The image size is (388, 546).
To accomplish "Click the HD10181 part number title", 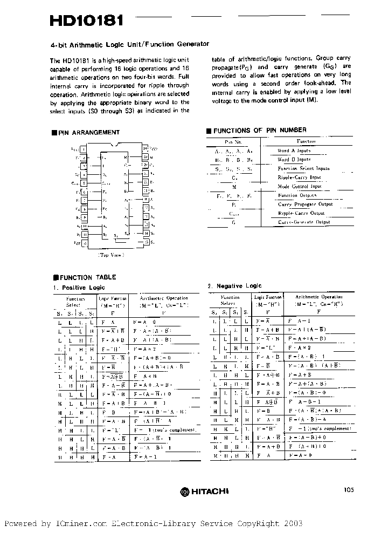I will [x=87, y=21].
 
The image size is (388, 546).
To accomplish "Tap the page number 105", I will [x=348, y=490].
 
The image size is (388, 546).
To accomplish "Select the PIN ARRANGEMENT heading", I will [x=88, y=132].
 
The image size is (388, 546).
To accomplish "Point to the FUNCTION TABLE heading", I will [x=87, y=277].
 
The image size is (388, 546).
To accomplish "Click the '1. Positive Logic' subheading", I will [x=79, y=288].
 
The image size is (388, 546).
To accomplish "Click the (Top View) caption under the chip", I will [x=111, y=255].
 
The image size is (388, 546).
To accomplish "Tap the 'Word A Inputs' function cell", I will [x=294, y=151].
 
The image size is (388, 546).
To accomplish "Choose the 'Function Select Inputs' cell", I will [x=303, y=168].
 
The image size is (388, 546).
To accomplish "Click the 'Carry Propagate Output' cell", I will [x=305, y=204].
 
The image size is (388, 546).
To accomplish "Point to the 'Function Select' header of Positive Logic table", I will [x=75, y=301].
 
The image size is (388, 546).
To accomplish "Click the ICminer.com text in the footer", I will [x=81, y=523].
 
